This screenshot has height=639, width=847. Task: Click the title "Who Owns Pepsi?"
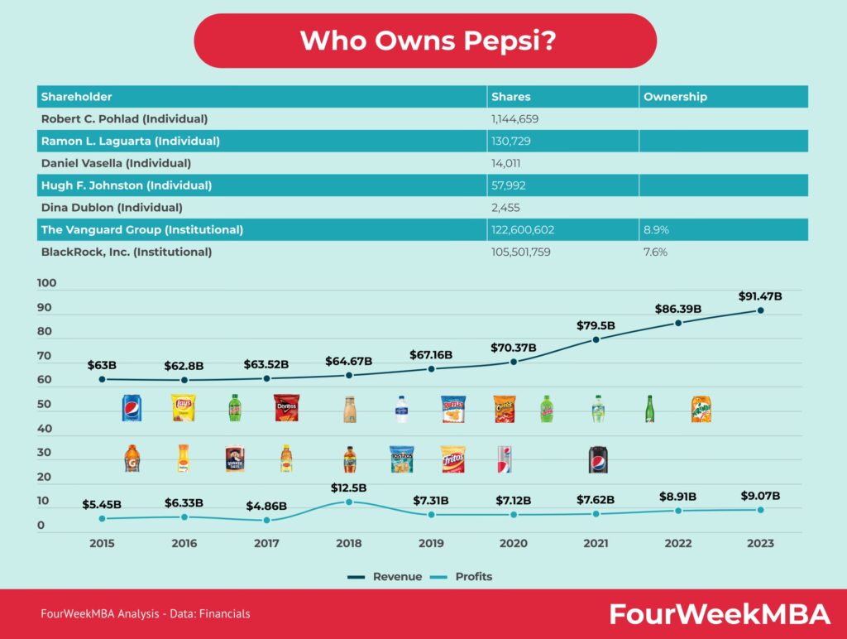click(424, 41)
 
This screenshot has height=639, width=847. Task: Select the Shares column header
click(510, 97)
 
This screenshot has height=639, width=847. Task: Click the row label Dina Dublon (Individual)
click(112, 207)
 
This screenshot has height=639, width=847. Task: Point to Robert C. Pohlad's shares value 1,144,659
click(515, 119)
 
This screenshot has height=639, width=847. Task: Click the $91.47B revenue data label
click(760, 295)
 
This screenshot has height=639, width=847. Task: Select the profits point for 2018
click(349, 502)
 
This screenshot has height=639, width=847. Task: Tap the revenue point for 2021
click(596, 339)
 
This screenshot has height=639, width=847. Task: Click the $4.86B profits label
click(266, 505)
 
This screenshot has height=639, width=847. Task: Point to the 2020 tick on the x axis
click(513, 544)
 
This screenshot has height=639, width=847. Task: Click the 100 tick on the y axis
click(47, 283)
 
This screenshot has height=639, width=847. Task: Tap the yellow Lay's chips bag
click(183, 408)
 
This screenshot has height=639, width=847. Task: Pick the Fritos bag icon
click(452, 459)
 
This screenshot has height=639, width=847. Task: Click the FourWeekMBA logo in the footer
click(720, 614)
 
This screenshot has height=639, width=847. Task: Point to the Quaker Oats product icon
click(235, 459)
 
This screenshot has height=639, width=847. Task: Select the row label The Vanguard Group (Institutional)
click(142, 229)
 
